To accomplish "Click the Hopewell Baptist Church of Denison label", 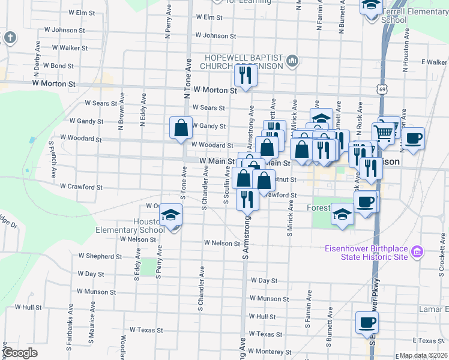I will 243,61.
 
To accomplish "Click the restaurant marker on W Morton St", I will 245,75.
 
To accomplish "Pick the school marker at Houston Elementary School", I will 171,214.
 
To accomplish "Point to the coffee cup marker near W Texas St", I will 366,323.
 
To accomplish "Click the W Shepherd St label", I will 100,256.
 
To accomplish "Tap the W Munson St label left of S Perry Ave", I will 96,292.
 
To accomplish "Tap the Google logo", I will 20,353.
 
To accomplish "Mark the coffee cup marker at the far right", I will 413,138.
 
